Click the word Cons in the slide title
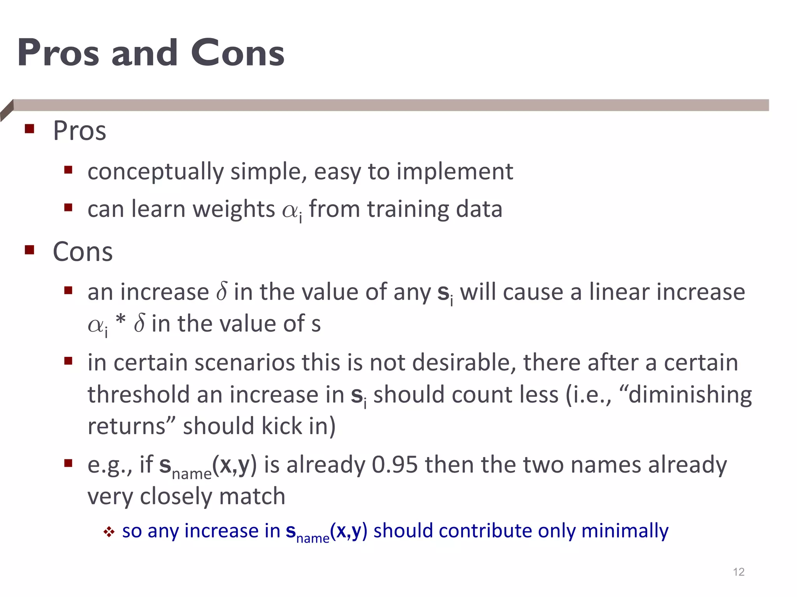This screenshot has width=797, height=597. click(237, 53)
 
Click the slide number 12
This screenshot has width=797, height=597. click(739, 572)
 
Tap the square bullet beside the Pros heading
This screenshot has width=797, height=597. click(30, 129)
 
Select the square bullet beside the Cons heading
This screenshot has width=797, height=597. click(30, 250)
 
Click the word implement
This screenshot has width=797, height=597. click(455, 171)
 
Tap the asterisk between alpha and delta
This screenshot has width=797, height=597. click(121, 321)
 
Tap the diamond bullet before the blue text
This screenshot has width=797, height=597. click(109, 532)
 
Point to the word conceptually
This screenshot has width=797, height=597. click(156, 171)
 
